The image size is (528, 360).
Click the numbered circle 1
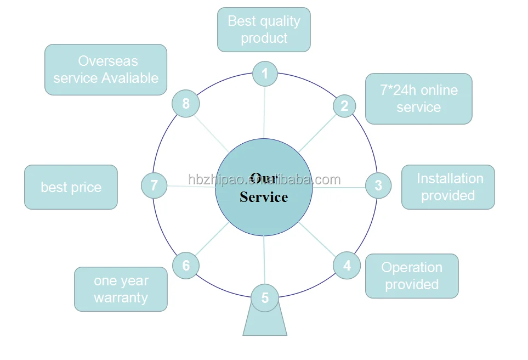pos(265,74)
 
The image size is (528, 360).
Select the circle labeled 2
pos(344,106)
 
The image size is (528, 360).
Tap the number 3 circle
pos(378,185)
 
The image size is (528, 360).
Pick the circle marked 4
pos(347,266)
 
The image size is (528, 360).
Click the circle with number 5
pos(265,297)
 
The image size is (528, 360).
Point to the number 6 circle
pos(186,266)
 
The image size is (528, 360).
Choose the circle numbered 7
pos(154,185)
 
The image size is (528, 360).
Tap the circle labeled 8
pos(186,104)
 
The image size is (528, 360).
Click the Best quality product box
pos(264,30)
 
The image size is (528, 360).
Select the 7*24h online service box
pos(419,99)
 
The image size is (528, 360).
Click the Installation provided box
pos(448,187)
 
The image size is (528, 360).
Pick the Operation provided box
pos(412,276)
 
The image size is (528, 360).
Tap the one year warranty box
pos(121,289)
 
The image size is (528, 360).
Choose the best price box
pos(71,187)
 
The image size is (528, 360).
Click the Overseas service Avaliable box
pos(106,70)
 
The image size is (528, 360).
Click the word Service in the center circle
pos(264,197)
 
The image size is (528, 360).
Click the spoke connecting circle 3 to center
pos(339,188)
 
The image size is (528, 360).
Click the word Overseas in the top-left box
pos(108,61)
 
